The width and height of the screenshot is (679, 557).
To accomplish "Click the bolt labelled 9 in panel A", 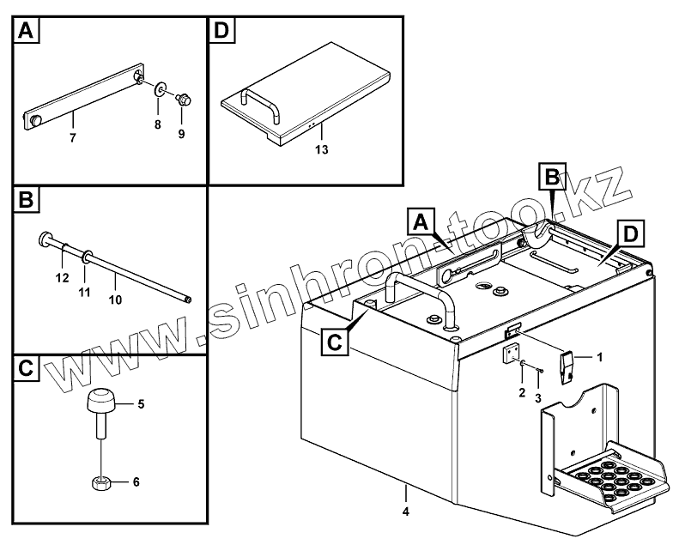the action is click(x=182, y=99).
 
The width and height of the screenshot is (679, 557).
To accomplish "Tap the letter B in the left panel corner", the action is click(x=26, y=202).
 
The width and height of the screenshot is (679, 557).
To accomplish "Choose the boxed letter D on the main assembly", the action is click(x=631, y=234).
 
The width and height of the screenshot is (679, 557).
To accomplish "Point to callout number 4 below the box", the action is click(x=406, y=512).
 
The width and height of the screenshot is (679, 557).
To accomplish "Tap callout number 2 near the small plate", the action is click(x=520, y=393).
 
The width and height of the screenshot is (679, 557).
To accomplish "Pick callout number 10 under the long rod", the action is click(x=116, y=300).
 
